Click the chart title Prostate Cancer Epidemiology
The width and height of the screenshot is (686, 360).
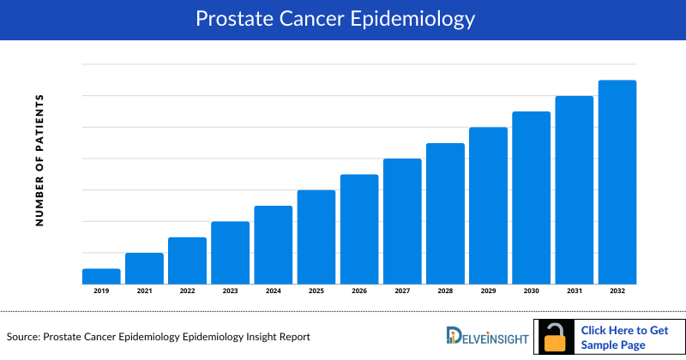(x=343, y=18)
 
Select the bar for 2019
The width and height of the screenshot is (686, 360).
(x=101, y=276)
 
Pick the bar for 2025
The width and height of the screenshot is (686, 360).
(x=316, y=237)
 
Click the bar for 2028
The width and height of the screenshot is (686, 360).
(x=445, y=213)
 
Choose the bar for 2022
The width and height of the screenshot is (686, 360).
(x=187, y=261)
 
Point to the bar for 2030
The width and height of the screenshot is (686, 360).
(x=531, y=197)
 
